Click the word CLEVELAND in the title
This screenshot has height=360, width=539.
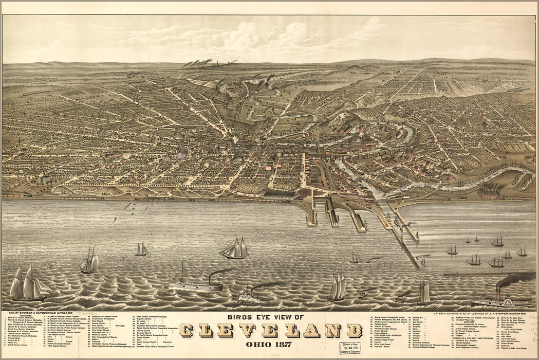[270, 330]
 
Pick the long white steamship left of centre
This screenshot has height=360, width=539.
[195, 285]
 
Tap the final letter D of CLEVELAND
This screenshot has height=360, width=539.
[354, 330]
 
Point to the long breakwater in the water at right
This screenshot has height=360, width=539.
[488, 274]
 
